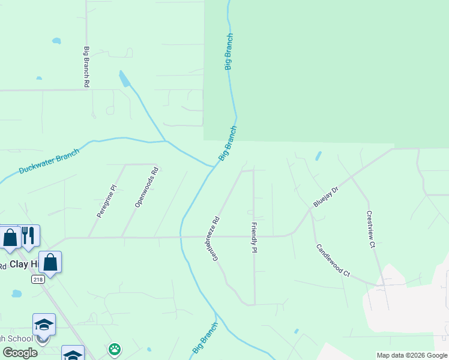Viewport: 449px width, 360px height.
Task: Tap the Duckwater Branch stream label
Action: coord(49,161)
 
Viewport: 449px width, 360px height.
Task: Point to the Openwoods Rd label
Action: coord(146,187)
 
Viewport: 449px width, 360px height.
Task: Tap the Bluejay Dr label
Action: coord(327,197)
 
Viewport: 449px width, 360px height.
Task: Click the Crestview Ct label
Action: coord(370,229)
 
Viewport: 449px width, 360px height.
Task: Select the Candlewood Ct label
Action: coord(332,260)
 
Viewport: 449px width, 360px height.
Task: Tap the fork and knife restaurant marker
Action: coord(29,235)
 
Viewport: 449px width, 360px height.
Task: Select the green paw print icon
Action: coord(115,349)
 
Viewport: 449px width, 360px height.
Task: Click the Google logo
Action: coord(19,353)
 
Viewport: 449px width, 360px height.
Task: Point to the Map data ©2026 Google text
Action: coord(412,355)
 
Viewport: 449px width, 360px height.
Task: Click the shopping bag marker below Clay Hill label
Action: coord(50,262)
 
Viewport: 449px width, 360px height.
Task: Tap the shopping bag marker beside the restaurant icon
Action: coord(10,236)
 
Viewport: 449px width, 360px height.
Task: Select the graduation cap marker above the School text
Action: coord(44,324)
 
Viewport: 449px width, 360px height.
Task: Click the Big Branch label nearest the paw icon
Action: coord(205,337)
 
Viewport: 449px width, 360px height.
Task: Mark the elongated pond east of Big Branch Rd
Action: coord(124,79)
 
